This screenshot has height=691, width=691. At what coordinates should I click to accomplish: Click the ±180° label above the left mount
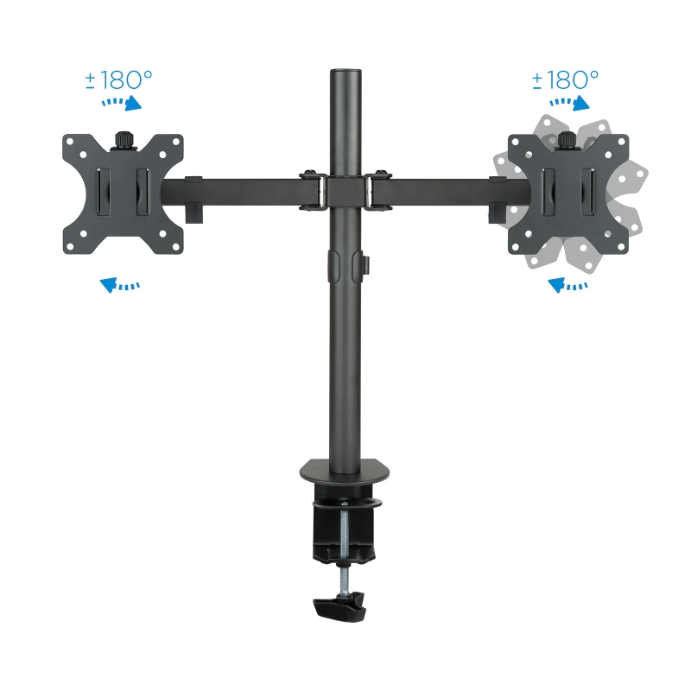click(118, 80)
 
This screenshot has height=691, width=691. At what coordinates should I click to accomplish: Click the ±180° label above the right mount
click(565, 80)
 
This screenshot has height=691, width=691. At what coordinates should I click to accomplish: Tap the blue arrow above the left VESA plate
click(121, 104)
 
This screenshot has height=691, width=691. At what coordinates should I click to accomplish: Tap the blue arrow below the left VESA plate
click(119, 283)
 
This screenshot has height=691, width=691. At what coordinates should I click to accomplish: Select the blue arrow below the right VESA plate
click(567, 283)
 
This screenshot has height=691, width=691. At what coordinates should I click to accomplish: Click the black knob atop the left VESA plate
click(123, 138)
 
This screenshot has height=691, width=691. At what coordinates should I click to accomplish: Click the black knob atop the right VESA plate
click(567, 138)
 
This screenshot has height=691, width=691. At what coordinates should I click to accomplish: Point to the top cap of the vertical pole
click(344, 69)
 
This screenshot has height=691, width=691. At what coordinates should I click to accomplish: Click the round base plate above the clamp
click(344, 472)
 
